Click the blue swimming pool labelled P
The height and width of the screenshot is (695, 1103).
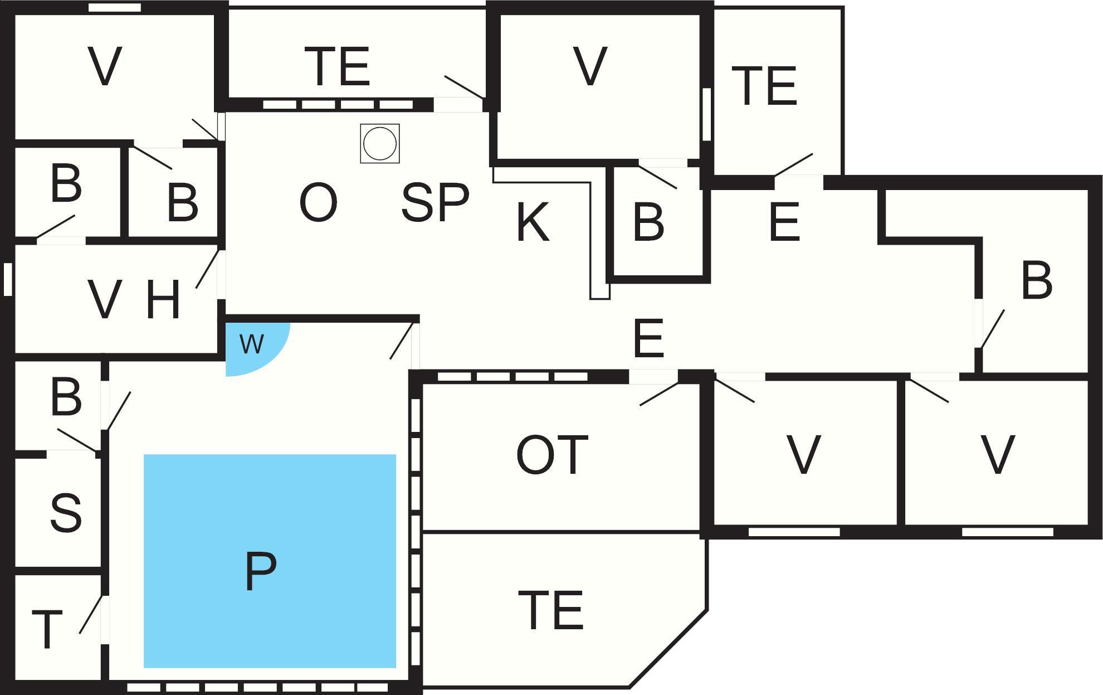pyautogui.click(x=270, y=560)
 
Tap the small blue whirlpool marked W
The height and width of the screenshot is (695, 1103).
pyautogui.click(x=252, y=344)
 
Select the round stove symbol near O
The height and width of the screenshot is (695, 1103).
pyautogui.click(x=380, y=143)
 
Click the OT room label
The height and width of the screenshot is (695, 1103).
pyautogui.click(x=552, y=455)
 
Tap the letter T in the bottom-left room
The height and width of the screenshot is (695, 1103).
pyautogui.click(x=47, y=630)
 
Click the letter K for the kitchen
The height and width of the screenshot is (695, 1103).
pyautogui.click(x=533, y=222)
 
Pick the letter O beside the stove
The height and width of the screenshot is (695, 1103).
pyautogui.click(x=318, y=203)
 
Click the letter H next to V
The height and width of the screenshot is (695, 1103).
pyautogui.click(x=163, y=301)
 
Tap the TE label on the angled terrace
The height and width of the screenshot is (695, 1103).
pyautogui.click(x=550, y=610)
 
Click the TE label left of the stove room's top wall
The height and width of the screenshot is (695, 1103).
pyautogui.click(x=338, y=67)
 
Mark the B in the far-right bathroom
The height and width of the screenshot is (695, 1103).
pyautogui.click(x=1037, y=280)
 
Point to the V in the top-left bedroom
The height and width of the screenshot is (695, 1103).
pyautogui.click(x=105, y=67)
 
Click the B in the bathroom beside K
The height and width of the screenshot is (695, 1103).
pyautogui.click(x=648, y=223)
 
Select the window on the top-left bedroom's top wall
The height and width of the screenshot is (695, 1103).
pyautogui.click(x=115, y=8)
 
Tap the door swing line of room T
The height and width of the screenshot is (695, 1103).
pyautogui.click(x=91, y=614)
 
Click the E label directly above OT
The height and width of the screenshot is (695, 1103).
pyautogui.click(x=648, y=338)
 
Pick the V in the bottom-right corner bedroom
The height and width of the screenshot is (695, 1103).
pyautogui.click(x=997, y=455)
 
